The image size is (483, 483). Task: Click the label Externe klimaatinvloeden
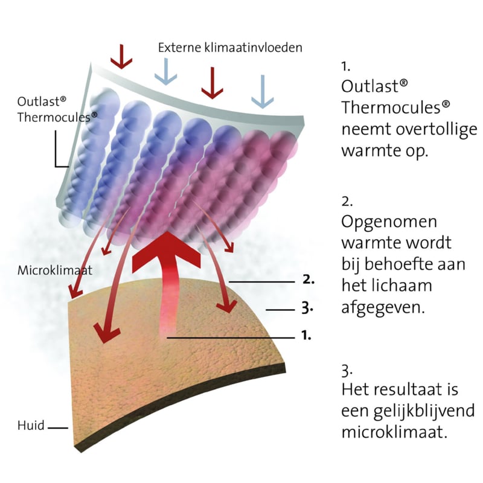pos(230,48)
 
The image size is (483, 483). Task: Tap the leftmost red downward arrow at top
pos(121,57)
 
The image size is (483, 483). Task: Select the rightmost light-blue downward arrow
pos(263,92)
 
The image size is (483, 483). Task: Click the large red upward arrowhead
pos(167,252)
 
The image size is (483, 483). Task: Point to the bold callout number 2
pos(309,280)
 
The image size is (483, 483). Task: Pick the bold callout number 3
pos(307,308)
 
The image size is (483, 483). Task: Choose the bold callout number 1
pos(306,335)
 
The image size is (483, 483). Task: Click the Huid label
pos(31,426)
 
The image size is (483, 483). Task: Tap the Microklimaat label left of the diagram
pos(55,270)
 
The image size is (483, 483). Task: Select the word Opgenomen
pos(389,222)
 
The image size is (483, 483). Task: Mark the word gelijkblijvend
pos(424,412)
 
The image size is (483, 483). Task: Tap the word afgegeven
pos(383,307)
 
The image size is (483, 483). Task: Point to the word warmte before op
pos(371,151)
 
